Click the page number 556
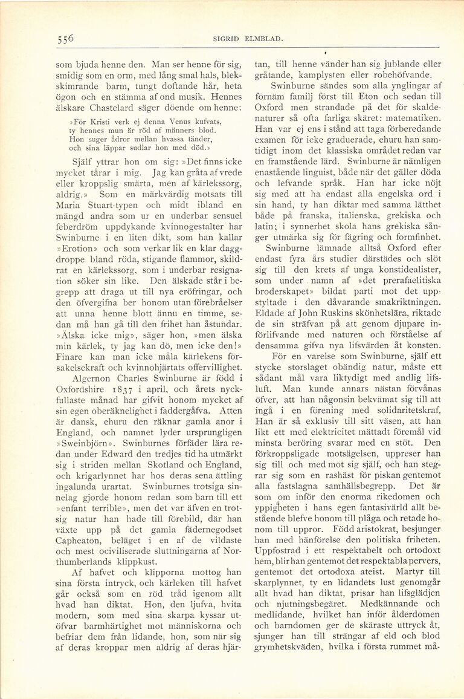(62, 38)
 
